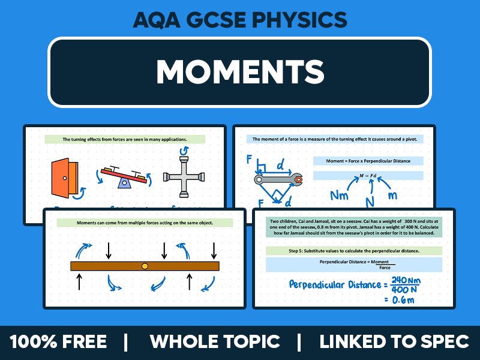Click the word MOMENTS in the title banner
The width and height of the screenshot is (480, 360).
point(240,71)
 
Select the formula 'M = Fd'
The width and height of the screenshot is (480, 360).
point(367,175)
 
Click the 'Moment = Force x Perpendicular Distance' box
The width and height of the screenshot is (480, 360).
point(367,161)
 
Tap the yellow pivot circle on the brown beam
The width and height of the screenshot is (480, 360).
point(145,266)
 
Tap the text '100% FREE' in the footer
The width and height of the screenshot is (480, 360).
point(58,342)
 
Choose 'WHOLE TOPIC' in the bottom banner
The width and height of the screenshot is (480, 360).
point(215,342)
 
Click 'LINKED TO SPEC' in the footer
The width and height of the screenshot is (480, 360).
point(394,342)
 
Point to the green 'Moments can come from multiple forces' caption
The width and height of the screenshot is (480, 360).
point(144,223)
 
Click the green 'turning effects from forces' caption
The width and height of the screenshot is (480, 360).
point(125,139)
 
